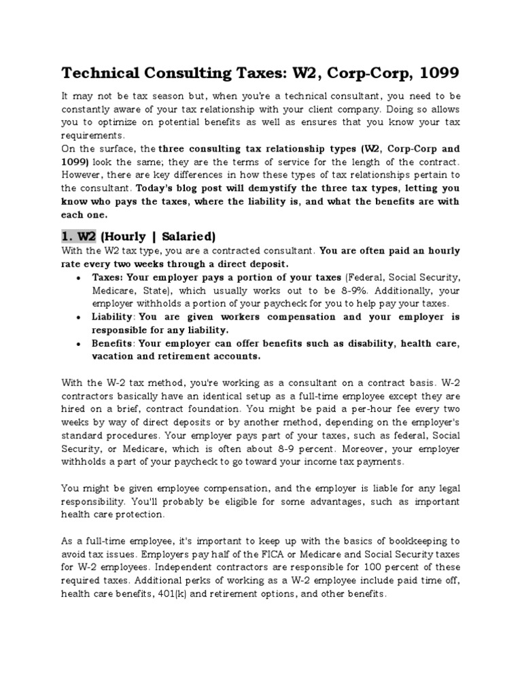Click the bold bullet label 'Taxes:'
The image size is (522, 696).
(107, 278)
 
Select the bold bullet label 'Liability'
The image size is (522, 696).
(113, 317)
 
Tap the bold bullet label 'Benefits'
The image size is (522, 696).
(112, 343)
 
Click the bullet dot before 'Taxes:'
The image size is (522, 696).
(81, 279)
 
